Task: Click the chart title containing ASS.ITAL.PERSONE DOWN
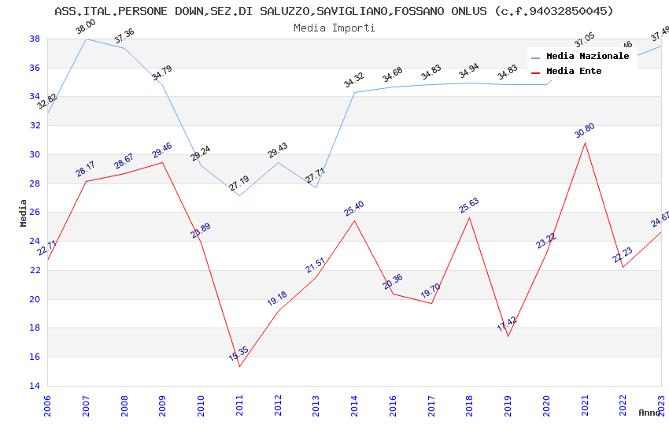coord(334,11)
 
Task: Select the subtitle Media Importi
coord(334,28)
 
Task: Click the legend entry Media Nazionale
coord(587,56)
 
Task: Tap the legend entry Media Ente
coord(574,71)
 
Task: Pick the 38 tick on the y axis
coord(35,39)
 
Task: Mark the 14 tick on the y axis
coord(35,386)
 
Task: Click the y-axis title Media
coord(24,213)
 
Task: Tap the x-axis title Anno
coord(649,413)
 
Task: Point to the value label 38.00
coord(85,27)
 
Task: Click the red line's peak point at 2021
coord(585,142)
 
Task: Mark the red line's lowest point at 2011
coord(239,366)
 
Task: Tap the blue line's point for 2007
coord(86,39)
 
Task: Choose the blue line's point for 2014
coord(354,92)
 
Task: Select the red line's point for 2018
coord(470,217)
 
